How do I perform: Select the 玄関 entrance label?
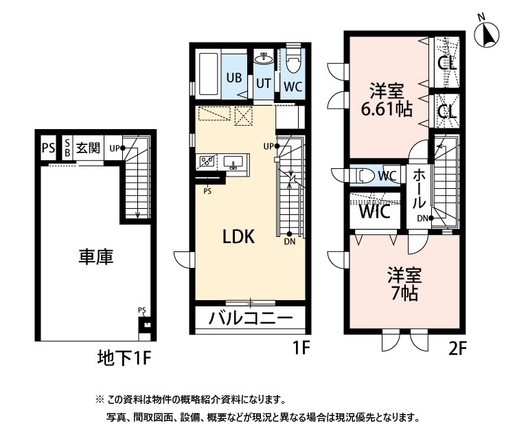pos(88,148)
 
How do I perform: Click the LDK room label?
pos(238,238)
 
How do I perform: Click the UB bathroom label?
pos(233,78)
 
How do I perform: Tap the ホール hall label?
pos(420,191)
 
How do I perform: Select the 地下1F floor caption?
pos(123,358)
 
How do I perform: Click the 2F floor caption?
pos(457,348)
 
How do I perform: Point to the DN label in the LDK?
pos(290,241)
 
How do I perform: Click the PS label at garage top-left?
pos(47,148)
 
